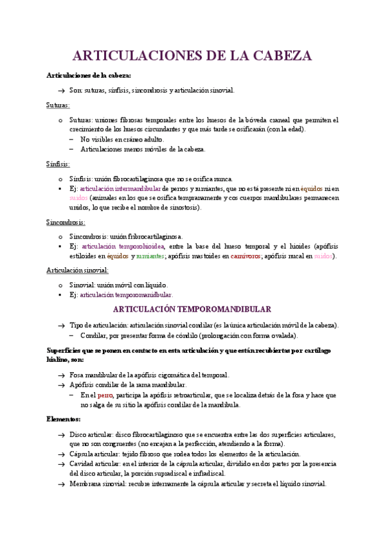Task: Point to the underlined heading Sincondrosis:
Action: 66,222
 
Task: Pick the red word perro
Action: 105,395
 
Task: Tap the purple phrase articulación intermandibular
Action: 120,189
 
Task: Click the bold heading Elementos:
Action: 64,419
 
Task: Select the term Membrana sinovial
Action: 94,483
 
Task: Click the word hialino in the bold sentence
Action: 59,360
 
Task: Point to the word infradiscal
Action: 206,473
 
